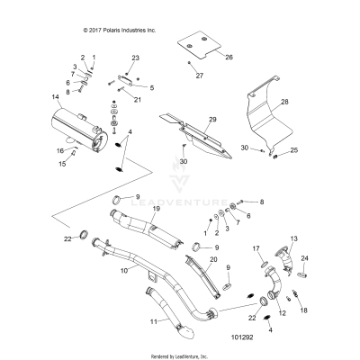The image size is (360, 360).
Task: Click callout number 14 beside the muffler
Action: coord(31,95)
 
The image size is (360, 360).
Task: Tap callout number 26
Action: coord(229,57)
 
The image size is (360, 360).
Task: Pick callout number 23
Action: coord(136,58)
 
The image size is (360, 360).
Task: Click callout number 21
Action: coord(139,100)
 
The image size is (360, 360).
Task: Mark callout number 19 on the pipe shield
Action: coord(156,209)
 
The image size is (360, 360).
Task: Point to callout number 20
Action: coord(213,259)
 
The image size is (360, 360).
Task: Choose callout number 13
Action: coord(292,238)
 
